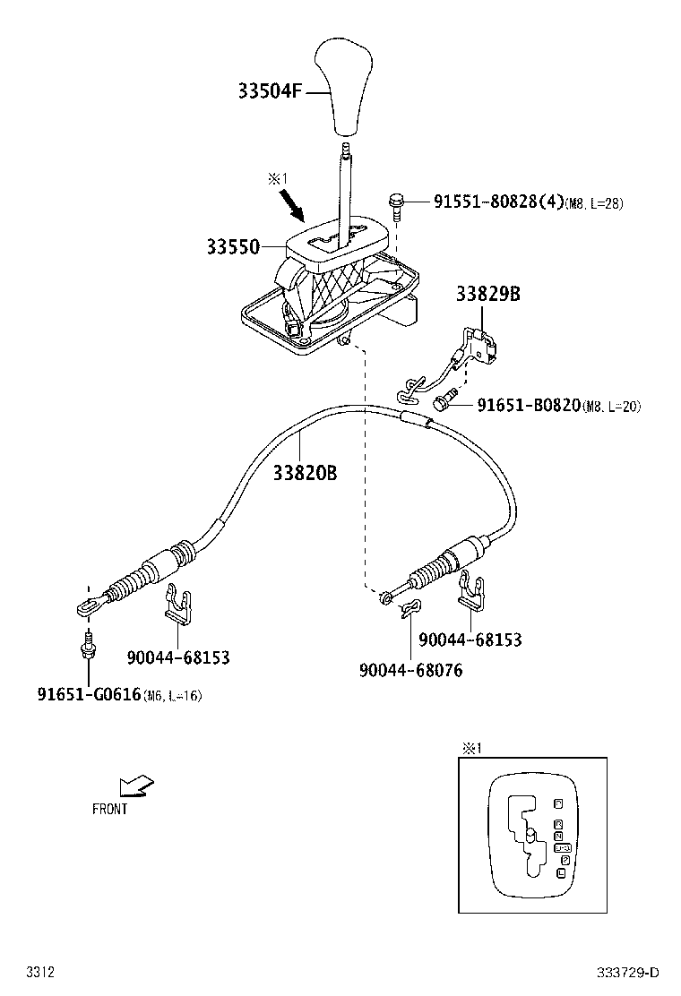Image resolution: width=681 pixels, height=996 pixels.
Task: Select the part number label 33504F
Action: click(x=272, y=91)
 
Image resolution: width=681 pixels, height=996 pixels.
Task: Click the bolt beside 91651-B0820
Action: click(x=445, y=402)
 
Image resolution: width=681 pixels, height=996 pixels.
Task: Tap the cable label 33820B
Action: click(x=305, y=473)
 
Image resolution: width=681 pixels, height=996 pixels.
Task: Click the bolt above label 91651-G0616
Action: click(x=87, y=645)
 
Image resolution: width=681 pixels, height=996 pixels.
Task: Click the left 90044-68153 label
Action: click(x=177, y=658)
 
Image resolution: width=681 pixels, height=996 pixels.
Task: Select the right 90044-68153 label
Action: click(x=470, y=640)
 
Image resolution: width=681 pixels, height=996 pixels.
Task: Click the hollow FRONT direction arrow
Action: click(x=136, y=786)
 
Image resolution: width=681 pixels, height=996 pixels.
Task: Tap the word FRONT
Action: click(x=110, y=810)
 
